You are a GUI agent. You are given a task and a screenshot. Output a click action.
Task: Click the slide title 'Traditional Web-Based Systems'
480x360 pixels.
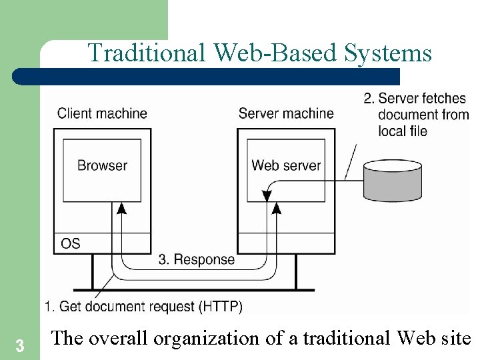point(259,53)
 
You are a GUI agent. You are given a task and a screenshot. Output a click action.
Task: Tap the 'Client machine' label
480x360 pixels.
point(102,113)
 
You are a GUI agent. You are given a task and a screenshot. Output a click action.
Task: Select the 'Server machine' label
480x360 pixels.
point(286,113)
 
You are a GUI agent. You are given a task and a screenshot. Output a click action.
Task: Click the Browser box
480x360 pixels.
point(102,169)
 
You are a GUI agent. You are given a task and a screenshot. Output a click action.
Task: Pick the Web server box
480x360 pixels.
point(286,169)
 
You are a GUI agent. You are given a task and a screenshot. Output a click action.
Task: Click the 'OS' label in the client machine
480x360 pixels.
point(71,243)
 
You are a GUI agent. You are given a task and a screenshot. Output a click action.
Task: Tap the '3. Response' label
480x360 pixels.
point(196,259)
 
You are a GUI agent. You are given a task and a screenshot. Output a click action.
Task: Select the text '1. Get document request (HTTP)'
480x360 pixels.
point(143,307)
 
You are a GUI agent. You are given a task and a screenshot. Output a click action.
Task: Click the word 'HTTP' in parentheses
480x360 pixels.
point(221,307)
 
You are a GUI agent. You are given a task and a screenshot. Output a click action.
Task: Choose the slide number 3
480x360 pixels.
point(20,346)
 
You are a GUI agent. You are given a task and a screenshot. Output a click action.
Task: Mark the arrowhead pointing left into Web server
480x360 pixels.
point(267,196)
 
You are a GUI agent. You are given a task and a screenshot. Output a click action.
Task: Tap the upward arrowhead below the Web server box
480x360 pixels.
point(277,209)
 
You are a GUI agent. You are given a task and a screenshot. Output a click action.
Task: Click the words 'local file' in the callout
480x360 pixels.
point(402,131)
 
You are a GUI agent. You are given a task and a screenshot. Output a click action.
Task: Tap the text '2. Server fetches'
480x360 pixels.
point(415,99)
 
